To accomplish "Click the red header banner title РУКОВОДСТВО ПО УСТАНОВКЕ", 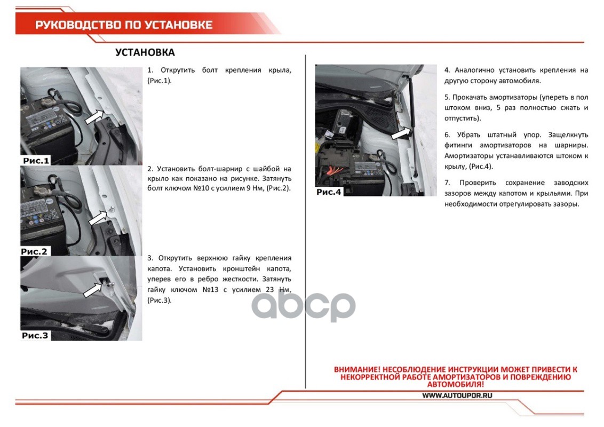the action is pos(124,25).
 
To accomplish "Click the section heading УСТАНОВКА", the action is pos(145,52).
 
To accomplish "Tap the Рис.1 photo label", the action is pos(36,160).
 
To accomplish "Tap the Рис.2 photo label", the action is pos(35,251).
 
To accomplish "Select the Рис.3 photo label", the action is pos(35,335).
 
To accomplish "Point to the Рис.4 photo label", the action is pos(329,192).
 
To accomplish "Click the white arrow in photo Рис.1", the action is pos(94,117).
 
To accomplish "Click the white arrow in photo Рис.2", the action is pos(98,218).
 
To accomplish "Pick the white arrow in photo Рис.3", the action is pos(93,290).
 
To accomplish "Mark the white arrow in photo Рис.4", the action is pos(401,134).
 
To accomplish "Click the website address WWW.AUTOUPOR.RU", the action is pos(457,396).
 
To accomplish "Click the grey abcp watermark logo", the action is pos(304,305).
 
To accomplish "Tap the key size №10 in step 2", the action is pos(200,188).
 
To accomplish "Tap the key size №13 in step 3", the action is pos(210,290).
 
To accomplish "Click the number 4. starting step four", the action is pos(447,70).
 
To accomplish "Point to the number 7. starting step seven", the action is pos(447,183).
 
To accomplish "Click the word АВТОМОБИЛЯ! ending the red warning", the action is pos(455,384).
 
